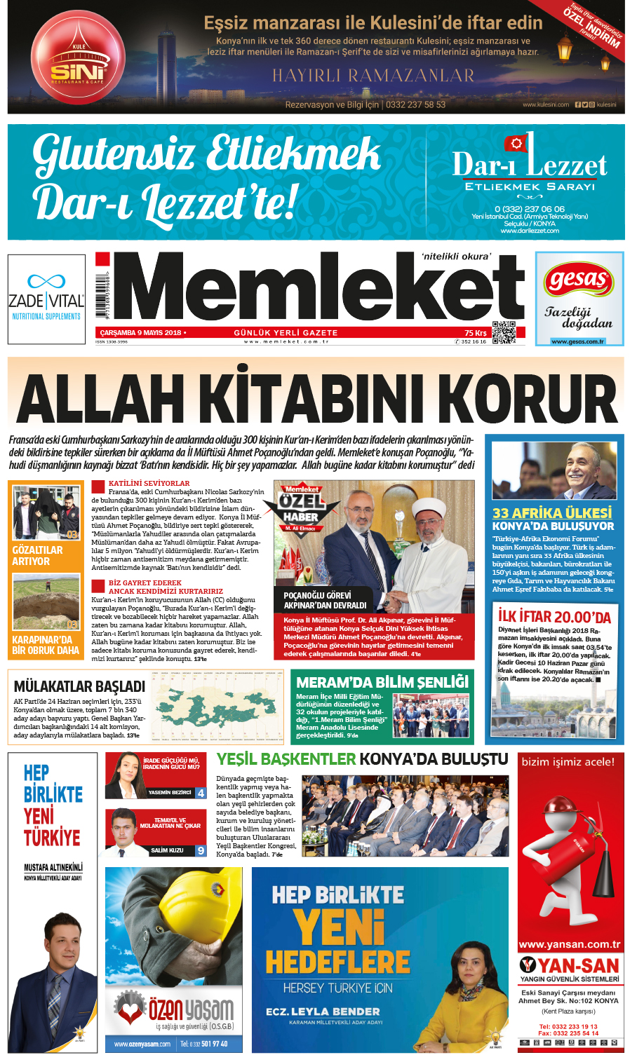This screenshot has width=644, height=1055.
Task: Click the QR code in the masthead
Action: [x=503, y=332]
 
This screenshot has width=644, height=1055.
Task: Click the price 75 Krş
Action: [x=475, y=333]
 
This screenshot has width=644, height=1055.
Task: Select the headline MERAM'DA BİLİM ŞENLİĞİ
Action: [x=382, y=682]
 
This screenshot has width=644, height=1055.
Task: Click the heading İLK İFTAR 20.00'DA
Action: [x=554, y=617]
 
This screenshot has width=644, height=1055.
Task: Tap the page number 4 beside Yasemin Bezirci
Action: [x=201, y=793]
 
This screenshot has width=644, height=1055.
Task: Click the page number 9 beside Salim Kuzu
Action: [x=201, y=850]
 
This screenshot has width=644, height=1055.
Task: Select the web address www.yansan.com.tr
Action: [x=569, y=944]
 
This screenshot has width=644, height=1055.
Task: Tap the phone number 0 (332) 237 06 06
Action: [x=529, y=209]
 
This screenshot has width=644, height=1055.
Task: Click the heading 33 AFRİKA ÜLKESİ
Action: [x=552, y=513]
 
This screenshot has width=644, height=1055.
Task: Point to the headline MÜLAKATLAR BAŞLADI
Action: [x=79, y=686]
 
